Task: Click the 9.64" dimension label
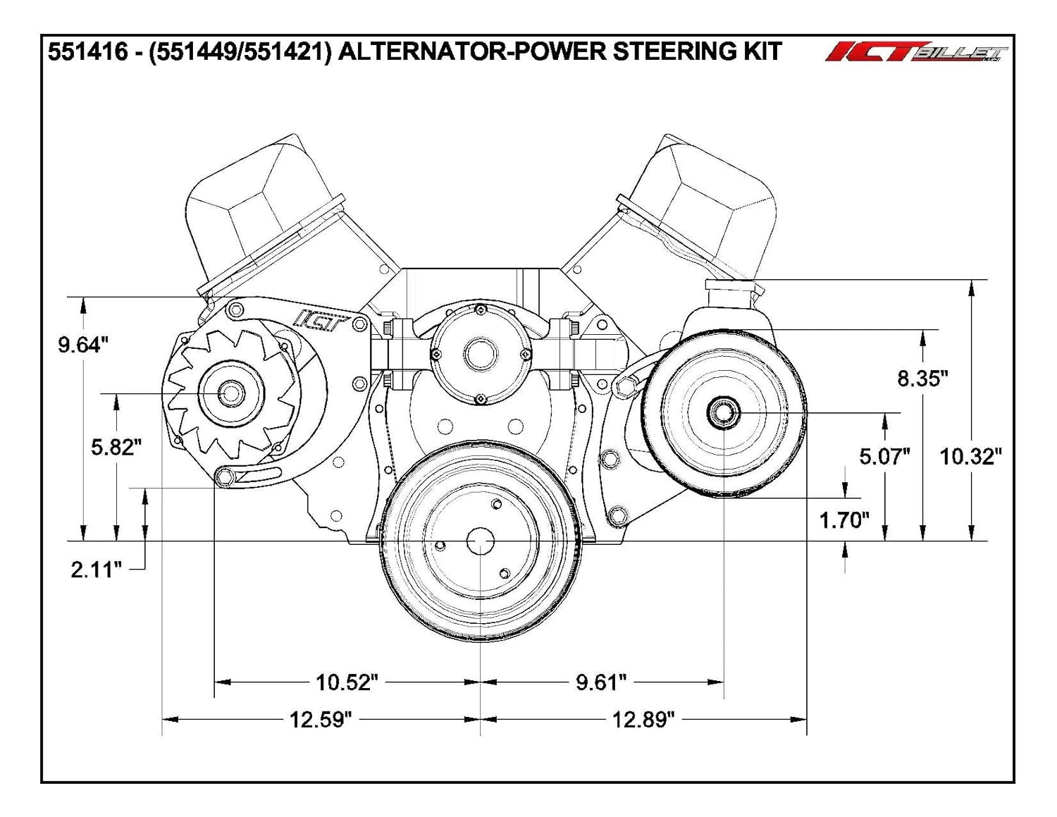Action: click(x=83, y=345)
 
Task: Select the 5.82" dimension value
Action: click(x=116, y=447)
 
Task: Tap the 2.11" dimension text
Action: click(x=97, y=570)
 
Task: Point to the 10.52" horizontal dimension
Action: click(x=347, y=682)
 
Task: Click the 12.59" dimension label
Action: click(x=321, y=720)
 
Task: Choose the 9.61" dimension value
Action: click(x=601, y=682)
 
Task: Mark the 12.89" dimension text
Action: click(x=643, y=720)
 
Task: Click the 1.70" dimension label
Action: click(x=844, y=520)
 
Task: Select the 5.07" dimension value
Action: click(x=884, y=457)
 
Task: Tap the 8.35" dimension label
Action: click(x=922, y=379)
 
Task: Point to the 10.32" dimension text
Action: click(x=970, y=457)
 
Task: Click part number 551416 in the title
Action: click(x=88, y=52)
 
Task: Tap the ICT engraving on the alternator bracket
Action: click(x=321, y=320)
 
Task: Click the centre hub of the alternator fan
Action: click(x=230, y=393)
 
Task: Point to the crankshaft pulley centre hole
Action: click(x=481, y=542)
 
